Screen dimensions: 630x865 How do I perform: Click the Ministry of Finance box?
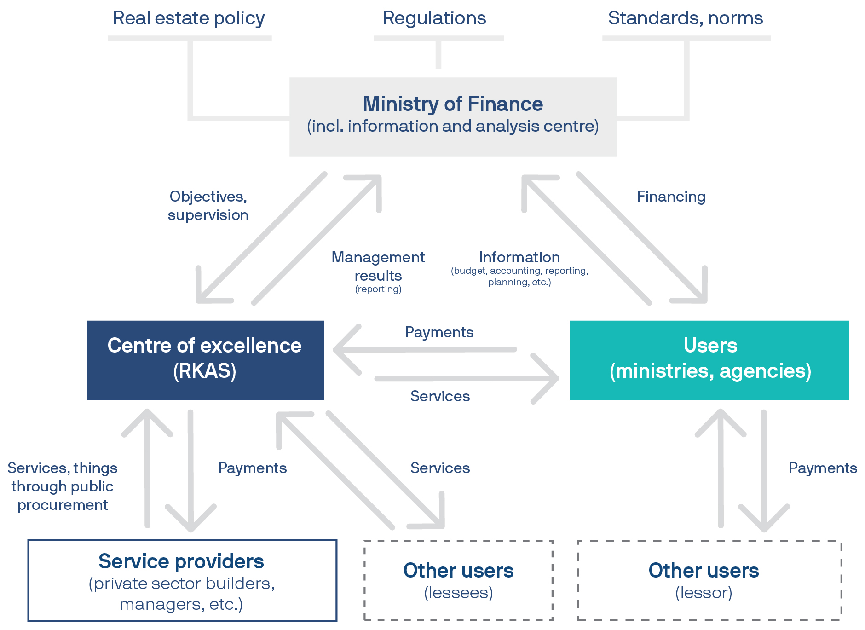click(453, 117)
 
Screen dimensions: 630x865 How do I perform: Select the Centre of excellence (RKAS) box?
click(205, 360)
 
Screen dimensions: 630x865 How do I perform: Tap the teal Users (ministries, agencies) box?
click(709, 360)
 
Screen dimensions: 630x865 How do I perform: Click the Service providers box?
click(182, 580)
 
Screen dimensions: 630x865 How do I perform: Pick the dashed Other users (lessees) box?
click(458, 580)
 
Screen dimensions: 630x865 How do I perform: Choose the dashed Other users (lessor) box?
click(709, 580)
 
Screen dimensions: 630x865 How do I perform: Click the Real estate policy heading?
click(189, 18)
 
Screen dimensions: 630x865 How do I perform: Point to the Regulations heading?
click(434, 18)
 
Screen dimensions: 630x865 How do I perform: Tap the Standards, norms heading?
click(686, 18)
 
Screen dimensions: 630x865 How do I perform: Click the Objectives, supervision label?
click(208, 206)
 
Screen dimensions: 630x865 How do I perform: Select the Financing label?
click(671, 197)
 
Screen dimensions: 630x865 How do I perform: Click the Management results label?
click(378, 266)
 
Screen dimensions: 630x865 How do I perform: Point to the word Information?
click(519, 257)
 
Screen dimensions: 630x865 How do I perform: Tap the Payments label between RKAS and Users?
click(439, 332)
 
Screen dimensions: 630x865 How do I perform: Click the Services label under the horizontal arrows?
click(440, 396)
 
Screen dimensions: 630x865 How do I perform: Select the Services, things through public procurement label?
click(63, 486)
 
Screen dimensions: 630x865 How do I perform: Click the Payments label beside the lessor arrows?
click(823, 468)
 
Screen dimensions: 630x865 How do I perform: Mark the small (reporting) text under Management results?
click(378, 289)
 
